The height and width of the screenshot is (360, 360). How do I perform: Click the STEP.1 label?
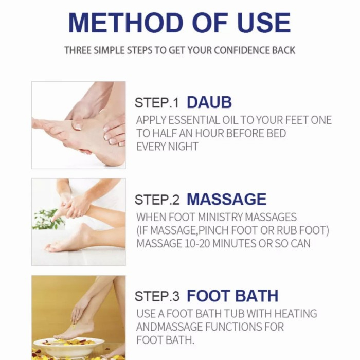(157, 103)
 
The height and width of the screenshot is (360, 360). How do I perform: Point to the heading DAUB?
(209, 102)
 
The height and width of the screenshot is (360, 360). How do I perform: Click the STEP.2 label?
(157, 200)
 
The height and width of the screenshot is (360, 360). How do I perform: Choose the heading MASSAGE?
(226, 200)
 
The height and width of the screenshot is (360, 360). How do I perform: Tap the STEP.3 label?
(157, 297)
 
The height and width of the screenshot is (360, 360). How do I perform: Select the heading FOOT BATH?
(232, 296)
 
